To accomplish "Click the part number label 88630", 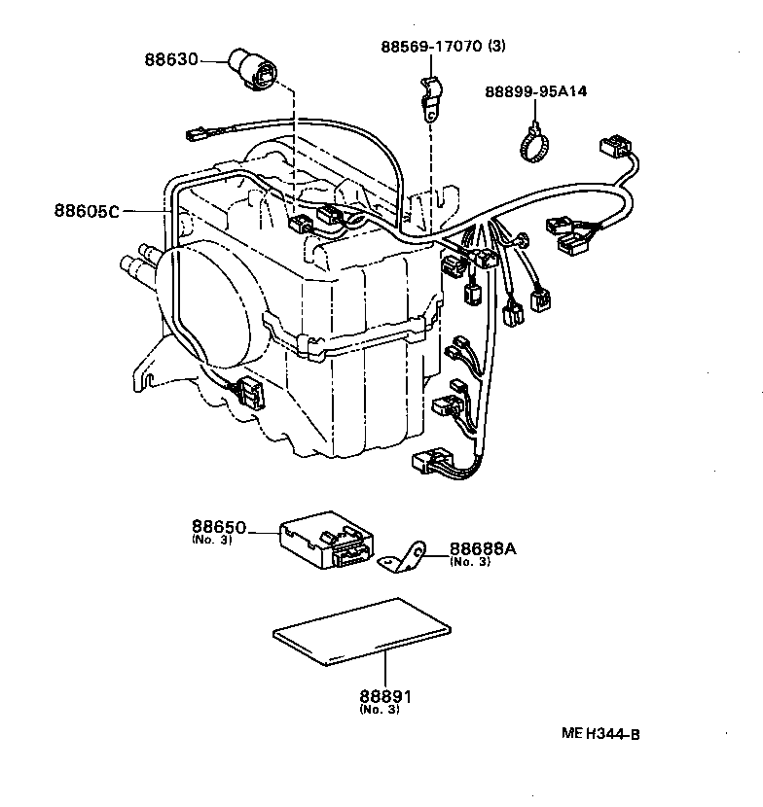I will coord(170,60).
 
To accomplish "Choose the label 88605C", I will coord(87,210).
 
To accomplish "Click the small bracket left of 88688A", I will coord(410,558).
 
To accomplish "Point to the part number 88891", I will coord(385,697).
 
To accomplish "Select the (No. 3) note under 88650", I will coord(212,541).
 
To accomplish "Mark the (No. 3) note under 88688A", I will coord(469,561).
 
